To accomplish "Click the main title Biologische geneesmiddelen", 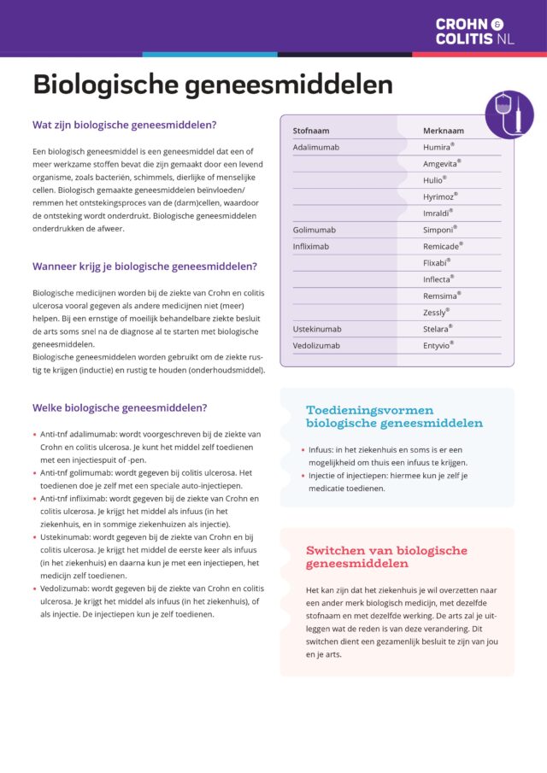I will point(213,85).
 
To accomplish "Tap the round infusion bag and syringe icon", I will point(509,114).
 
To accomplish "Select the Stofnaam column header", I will point(311,131).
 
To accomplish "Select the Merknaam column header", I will point(444,131).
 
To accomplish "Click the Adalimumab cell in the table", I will point(316,147).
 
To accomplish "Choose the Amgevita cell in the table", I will point(442,163).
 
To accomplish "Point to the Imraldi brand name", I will point(438,213).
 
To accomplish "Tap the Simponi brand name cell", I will point(439,230).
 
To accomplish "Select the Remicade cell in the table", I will point(443,246).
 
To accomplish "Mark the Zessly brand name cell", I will point(436,313).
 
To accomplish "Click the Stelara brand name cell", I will point(438,329).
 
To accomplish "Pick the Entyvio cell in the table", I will point(438,345).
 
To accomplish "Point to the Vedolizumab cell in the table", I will point(316,345).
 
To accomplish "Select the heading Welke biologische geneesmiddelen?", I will point(119,407).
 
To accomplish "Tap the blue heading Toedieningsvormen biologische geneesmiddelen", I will point(394,416).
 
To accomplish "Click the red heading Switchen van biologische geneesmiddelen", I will point(386,557).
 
